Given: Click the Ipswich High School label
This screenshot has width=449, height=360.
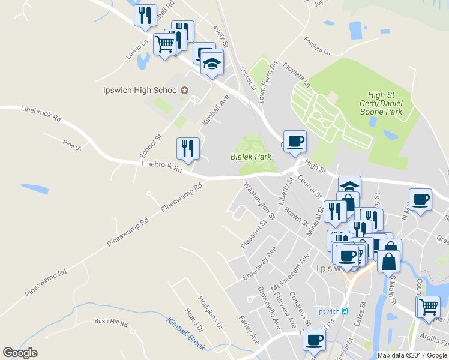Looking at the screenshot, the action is pyautogui.click(x=140, y=91).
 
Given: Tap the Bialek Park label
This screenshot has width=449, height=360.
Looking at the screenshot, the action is pyautogui.click(x=251, y=157).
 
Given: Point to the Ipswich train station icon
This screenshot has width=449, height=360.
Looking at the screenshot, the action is pyautogui.click(x=345, y=311).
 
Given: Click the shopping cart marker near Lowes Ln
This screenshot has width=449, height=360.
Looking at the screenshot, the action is pyautogui.click(x=164, y=43).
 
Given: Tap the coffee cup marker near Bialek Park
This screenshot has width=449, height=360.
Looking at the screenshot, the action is pyautogui.click(x=294, y=142).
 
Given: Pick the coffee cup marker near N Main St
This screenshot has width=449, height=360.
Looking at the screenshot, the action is pyautogui.click(x=420, y=200).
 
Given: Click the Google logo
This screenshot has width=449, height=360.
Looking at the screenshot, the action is pyautogui.click(x=20, y=353).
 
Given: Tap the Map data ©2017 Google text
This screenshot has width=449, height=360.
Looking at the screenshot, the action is pyautogui.click(x=412, y=355).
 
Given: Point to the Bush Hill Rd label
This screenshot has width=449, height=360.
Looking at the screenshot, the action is pyautogui.click(x=111, y=322).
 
